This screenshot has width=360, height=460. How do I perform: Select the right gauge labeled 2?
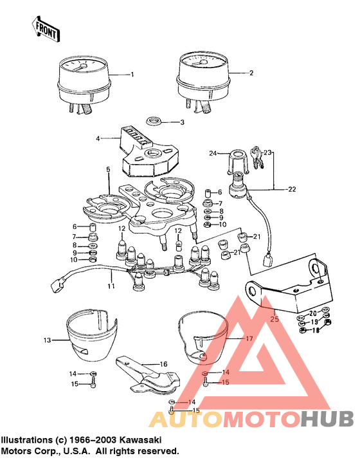click(201, 76)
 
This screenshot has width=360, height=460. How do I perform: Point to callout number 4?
click(98, 138)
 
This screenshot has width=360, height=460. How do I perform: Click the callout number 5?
click(108, 169)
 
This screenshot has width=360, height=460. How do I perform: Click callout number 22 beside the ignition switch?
click(292, 189)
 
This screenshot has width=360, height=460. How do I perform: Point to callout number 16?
click(163, 363)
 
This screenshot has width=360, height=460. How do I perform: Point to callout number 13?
click(46, 340)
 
